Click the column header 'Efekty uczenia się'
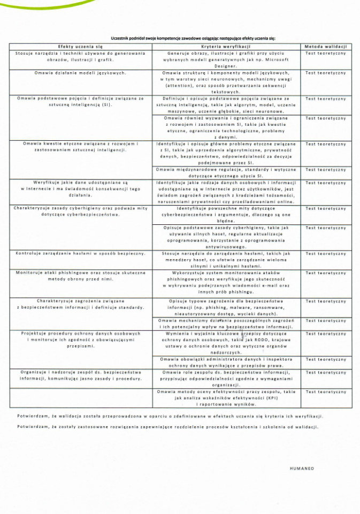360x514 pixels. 80,47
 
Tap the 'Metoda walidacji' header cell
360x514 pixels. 326,47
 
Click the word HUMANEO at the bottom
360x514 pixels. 302,468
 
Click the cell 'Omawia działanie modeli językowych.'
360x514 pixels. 80,72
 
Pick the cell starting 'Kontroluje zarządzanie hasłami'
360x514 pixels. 80,253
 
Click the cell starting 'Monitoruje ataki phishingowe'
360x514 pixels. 80,276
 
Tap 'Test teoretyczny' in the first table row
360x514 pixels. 326,53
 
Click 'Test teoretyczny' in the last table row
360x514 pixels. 326,392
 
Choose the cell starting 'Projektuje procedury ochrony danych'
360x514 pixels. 80,339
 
